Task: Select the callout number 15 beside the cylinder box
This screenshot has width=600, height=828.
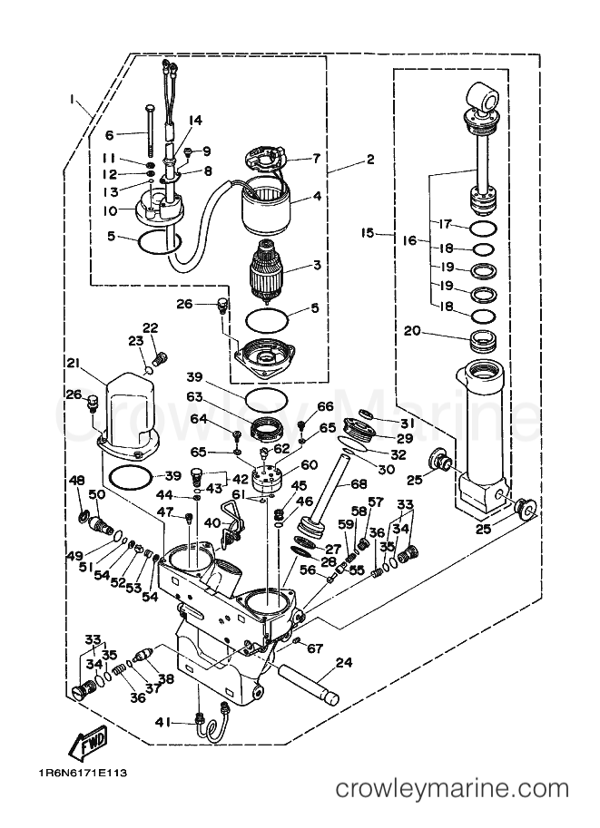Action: click(x=367, y=233)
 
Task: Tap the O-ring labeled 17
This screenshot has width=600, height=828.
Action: click(x=484, y=227)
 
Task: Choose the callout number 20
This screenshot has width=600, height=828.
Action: click(x=412, y=332)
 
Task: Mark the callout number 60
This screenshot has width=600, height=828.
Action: click(x=310, y=464)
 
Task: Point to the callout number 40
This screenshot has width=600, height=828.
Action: click(x=211, y=522)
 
